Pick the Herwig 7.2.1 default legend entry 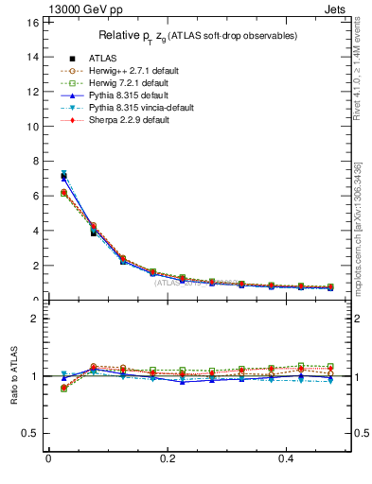pos(122,83)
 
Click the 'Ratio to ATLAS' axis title pos(13,376)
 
